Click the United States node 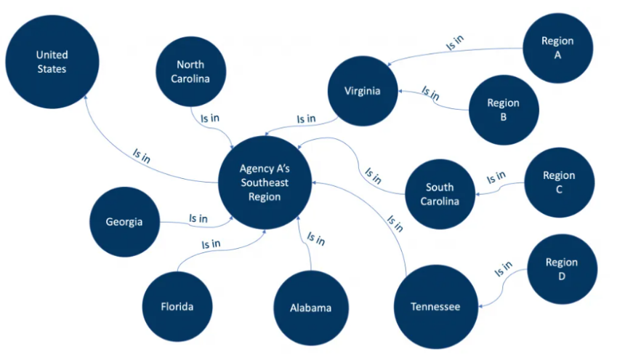(52, 63)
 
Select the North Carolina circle (191, 72)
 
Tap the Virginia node (363, 91)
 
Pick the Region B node (503, 109)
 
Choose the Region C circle (559, 182)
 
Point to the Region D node (562, 268)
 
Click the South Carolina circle (440, 193)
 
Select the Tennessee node (435, 306)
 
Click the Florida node (177, 306)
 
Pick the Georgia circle (124, 223)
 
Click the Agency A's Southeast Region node (265, 182)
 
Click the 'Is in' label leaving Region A (454, 44)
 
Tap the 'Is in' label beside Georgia (198, 217)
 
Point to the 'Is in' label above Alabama (316, 238)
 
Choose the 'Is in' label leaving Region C (496, 176)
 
